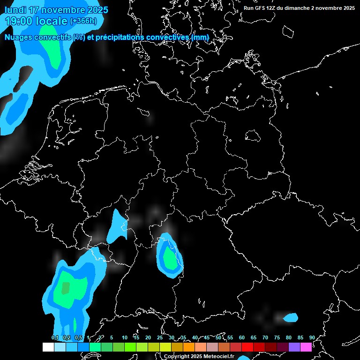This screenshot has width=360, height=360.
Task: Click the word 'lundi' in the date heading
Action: (x=16, y=10)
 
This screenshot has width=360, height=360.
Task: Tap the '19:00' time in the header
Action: (x=18, y=21)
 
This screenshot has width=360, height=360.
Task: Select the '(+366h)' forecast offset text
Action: (x=83, y=21)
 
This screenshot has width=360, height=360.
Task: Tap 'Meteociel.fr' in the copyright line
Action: (x=213, y=356)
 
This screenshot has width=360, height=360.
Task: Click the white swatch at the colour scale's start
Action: (x=48, y=347)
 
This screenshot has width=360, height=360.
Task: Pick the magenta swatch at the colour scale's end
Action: (x=306, y=347)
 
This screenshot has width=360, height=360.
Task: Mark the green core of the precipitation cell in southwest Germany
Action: (x=168, y=259)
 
